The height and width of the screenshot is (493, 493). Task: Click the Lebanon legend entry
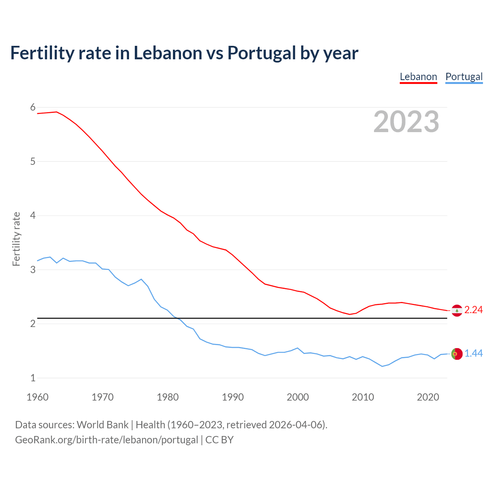[x=418, y=77]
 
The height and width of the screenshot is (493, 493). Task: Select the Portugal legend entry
[x=464, y=77]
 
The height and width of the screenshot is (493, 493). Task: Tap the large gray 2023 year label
[x=406, y=122]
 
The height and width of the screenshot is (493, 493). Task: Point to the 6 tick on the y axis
[x=33, y=107]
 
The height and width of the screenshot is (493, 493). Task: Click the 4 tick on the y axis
[x=33, y=216]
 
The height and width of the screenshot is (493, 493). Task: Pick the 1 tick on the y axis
[x=33, y=378]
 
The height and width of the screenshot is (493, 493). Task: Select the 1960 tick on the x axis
[x=37, y=397]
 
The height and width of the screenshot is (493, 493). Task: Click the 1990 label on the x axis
[x=233, y=397]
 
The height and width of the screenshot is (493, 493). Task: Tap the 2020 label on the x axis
[x=428, y=397]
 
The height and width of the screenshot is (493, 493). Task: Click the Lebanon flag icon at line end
[x=457, y=310]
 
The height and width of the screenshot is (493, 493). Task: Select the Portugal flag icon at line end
[x=457, y=354]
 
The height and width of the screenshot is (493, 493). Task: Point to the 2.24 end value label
[x=473, y=310]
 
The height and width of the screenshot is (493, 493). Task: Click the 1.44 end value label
[x=473, y=353]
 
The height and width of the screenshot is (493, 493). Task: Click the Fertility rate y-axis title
[x=16, y=239]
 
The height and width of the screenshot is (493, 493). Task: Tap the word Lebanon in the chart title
[x=168, y=53]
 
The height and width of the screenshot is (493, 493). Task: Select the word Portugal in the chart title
[x=262, y=53]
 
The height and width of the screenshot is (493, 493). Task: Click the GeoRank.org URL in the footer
[x=106, y=440]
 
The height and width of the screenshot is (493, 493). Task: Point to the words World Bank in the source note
[x=102, y=425]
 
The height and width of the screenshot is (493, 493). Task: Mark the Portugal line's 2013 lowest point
[x=382, y=366]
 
